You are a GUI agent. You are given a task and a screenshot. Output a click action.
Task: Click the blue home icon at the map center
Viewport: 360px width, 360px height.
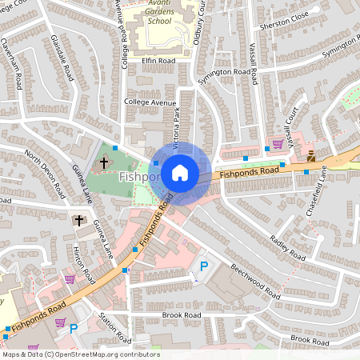(180, 172)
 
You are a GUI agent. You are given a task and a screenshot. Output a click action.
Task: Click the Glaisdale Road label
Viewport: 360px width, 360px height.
(62, 57)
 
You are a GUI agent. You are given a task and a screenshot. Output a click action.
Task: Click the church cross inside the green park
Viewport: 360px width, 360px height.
(104, 163)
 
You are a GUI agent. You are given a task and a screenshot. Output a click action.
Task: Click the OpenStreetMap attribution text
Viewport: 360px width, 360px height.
(80, 354)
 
